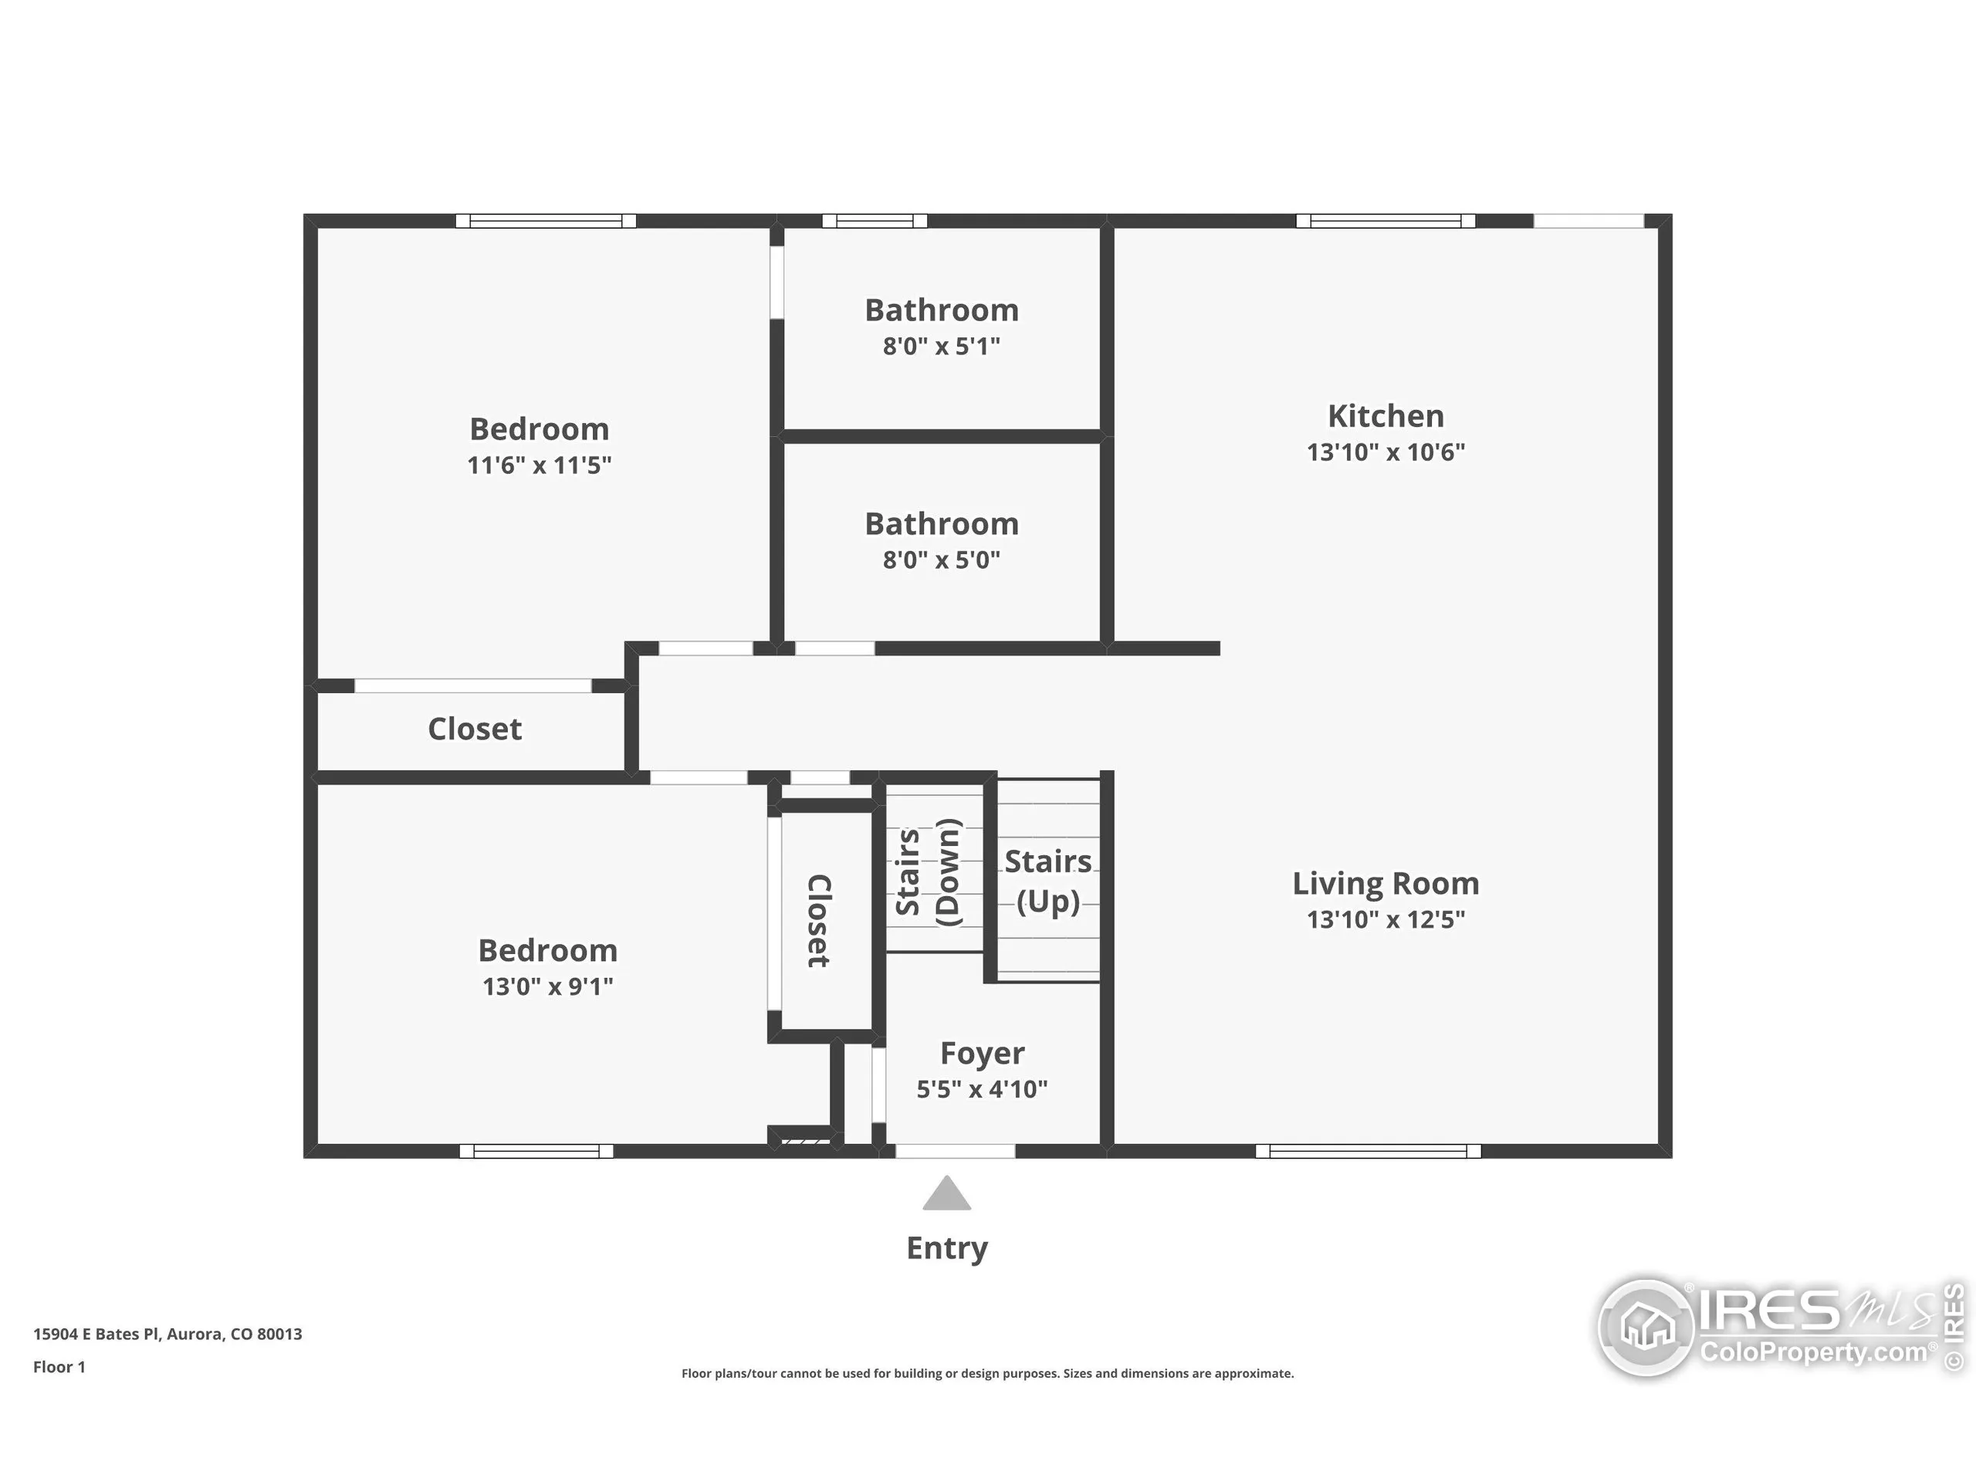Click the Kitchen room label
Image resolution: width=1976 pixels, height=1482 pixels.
[x=1385, y=416]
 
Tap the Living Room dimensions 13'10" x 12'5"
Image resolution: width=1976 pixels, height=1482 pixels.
[x=1385, y=919]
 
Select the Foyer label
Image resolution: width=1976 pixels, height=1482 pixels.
[x=982, y=1053]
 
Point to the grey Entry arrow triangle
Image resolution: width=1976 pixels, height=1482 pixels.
[x=947, y=1195]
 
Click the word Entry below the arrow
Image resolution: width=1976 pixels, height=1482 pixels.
[x=947, y=1248]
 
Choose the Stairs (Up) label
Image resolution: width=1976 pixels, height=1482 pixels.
[x=1048, y=881]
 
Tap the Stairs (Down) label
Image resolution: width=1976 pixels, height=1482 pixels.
[x=927, y=873]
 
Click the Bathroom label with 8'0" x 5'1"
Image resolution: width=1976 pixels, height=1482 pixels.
[x=942, y=311]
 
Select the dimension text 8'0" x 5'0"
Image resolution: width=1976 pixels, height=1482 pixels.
[x=942, y=560]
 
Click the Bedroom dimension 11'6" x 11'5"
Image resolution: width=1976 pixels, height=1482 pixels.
[x=539, y=465]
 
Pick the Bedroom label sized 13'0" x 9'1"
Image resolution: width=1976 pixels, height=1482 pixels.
[x=547, y=950]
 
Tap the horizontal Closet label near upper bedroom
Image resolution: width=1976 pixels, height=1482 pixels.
[x=475, y=729]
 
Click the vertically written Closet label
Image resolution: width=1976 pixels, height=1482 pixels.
[x=819, y=920]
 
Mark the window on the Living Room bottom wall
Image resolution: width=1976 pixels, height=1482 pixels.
[x=1368, y=1152]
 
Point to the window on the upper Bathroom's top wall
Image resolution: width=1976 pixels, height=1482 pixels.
[x=875, y=221]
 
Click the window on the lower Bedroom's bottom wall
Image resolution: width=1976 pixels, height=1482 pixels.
[x=536, y=1152]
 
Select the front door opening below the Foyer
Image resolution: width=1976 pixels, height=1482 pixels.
[x=955, y=1152]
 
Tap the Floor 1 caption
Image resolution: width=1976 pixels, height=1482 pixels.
[x=59, y=1367]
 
